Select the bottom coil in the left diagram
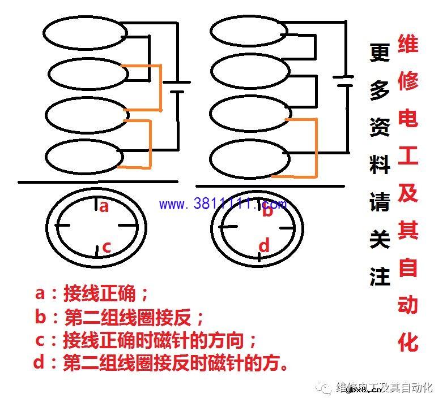[85, 157]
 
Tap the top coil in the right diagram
[247, 33]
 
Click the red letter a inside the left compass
[104, 206]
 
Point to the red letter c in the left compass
[106, 247]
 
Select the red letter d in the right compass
[265, 246]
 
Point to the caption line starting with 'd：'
[161, 362]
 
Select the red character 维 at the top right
[408, 44]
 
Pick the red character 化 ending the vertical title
[408, 342]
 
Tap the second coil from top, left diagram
[85, 74]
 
